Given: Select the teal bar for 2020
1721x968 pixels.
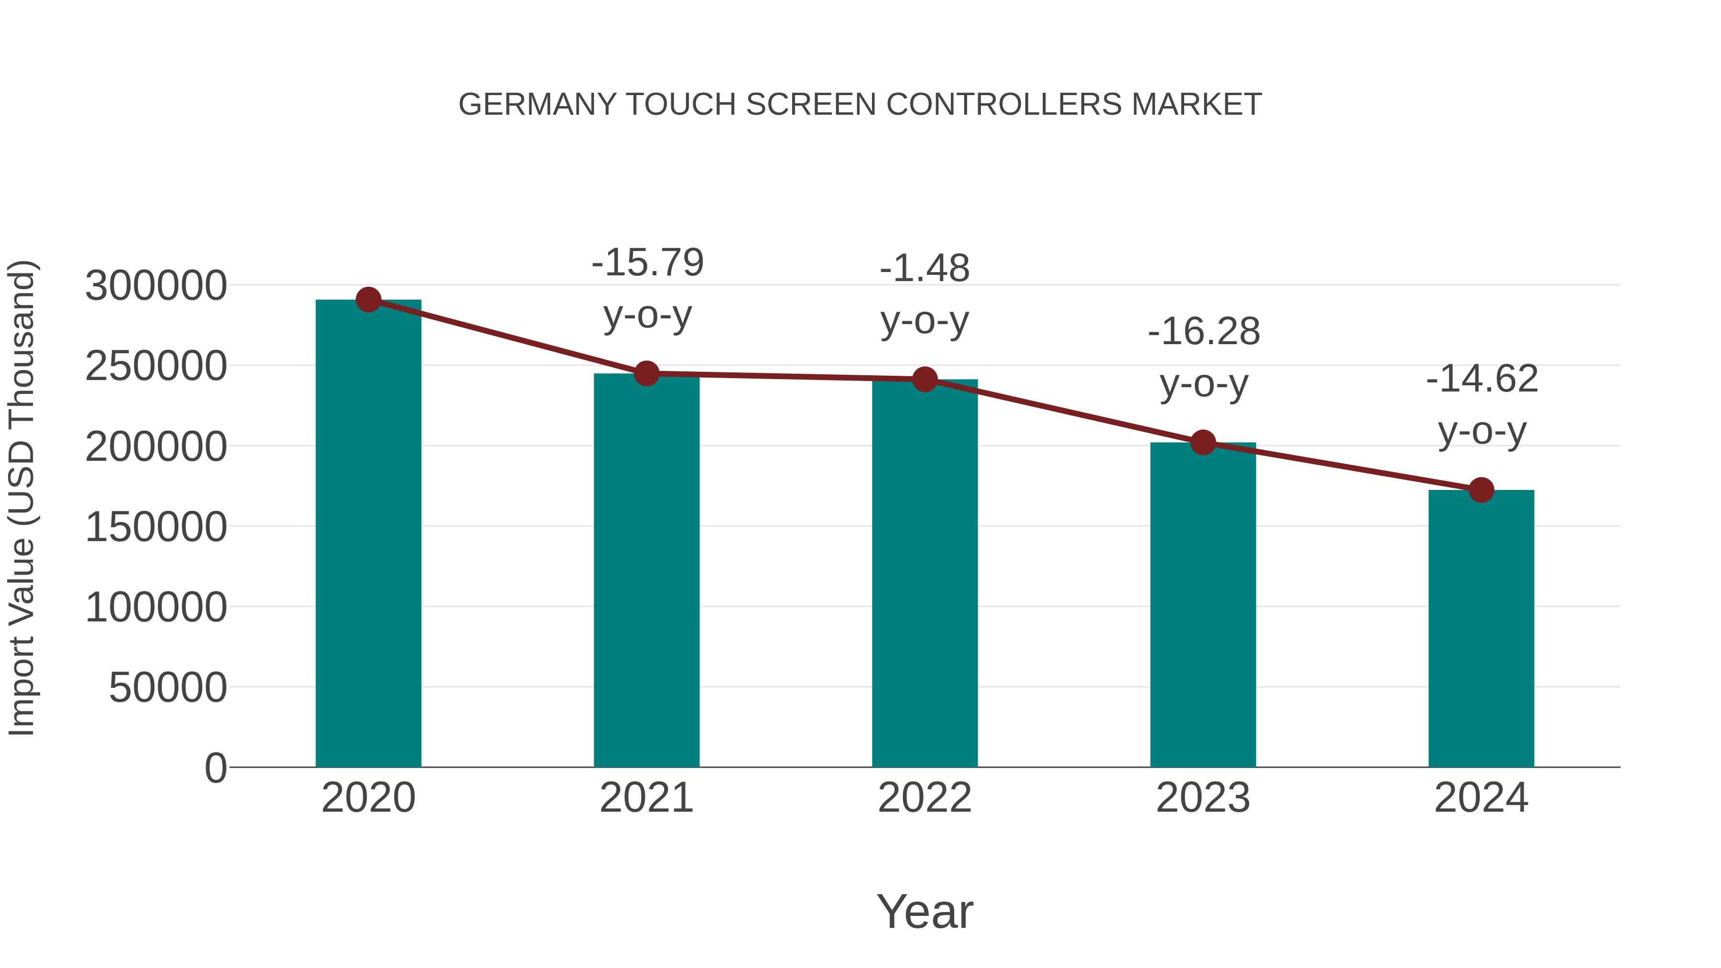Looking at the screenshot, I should [x=368, y=534].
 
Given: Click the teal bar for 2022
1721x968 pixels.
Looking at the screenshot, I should [x=925, y=575].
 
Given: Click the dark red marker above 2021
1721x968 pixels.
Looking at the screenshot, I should [x=647, y=373].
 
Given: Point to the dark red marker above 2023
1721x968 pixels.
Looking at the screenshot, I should [x=1203, y=442].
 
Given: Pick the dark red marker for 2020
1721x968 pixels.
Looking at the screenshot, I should [x=368, y=300].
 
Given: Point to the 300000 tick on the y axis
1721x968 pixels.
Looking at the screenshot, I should [x=156, y=286].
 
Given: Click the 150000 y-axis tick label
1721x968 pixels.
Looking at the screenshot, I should [x=156, y=527].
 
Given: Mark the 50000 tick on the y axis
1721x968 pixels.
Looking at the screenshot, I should [x=168, y=688].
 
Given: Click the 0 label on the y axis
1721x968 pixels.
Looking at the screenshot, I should [x=216, y=768].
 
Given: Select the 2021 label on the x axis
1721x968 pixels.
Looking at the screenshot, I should [x=647, y=798].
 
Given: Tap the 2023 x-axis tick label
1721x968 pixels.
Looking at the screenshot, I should [x=1203, y=798].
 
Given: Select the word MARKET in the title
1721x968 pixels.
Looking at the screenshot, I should [x=1196, y=105].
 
